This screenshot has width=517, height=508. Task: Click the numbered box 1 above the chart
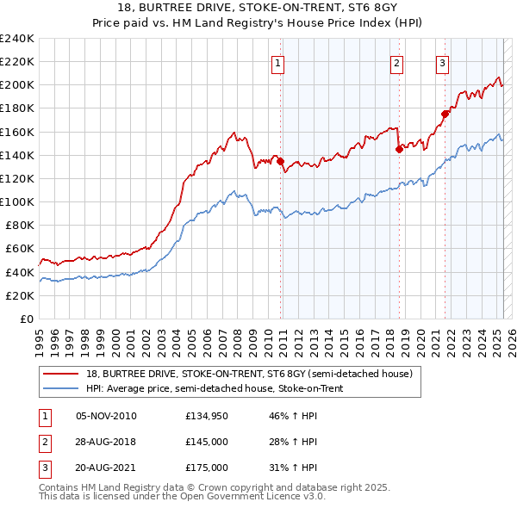280,62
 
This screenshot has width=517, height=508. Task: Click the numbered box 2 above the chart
396,62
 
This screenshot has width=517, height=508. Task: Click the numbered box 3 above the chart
442,62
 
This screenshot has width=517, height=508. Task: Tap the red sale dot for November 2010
281,161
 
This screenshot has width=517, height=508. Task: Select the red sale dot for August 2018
399,149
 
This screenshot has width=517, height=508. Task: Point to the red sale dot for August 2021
445,114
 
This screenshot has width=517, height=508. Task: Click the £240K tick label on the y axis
17,39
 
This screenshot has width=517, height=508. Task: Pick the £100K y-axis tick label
17,201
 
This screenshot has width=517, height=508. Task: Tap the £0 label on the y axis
26,319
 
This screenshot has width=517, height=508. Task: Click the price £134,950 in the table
207,416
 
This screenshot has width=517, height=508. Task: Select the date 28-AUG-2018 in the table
106,442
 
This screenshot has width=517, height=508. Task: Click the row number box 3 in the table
43,468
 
